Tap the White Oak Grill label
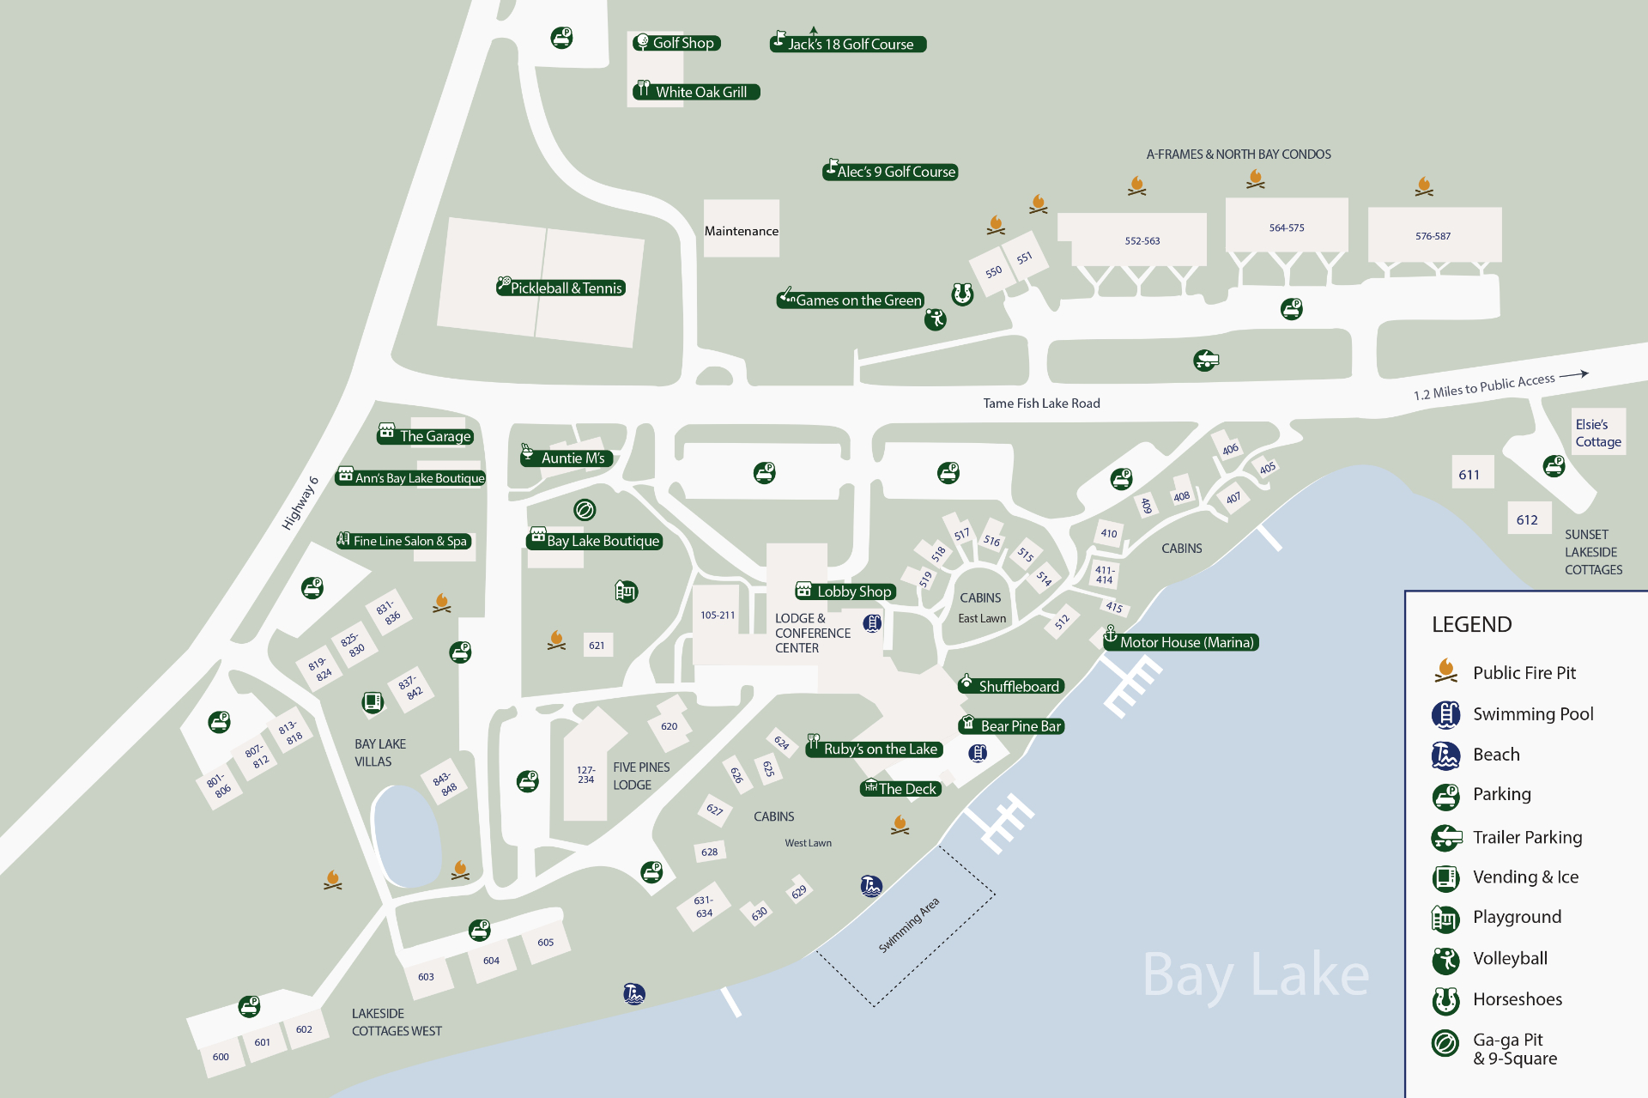click(x=696, y=92)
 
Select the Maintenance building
click(x=742, y=230)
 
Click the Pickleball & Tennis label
click(x=560, y=288)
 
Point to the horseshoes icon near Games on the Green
click(x=962, y=294)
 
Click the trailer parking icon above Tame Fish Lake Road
click(x=1206, y=360)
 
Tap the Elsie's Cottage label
click(x=1598, y=433)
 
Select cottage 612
click(x=1527, y=519)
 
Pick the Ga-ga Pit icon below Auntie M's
click(x=585, y=510)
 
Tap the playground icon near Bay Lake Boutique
click(x=626, y=591)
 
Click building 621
click(x=597, y=645)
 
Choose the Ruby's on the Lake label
click(x=874, y=749)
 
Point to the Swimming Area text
click(x=909, y=925)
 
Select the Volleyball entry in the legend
click(x=1510, y=958)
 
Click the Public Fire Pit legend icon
click(x=1445, y=671)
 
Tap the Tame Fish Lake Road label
click(x=1041, y=403)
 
